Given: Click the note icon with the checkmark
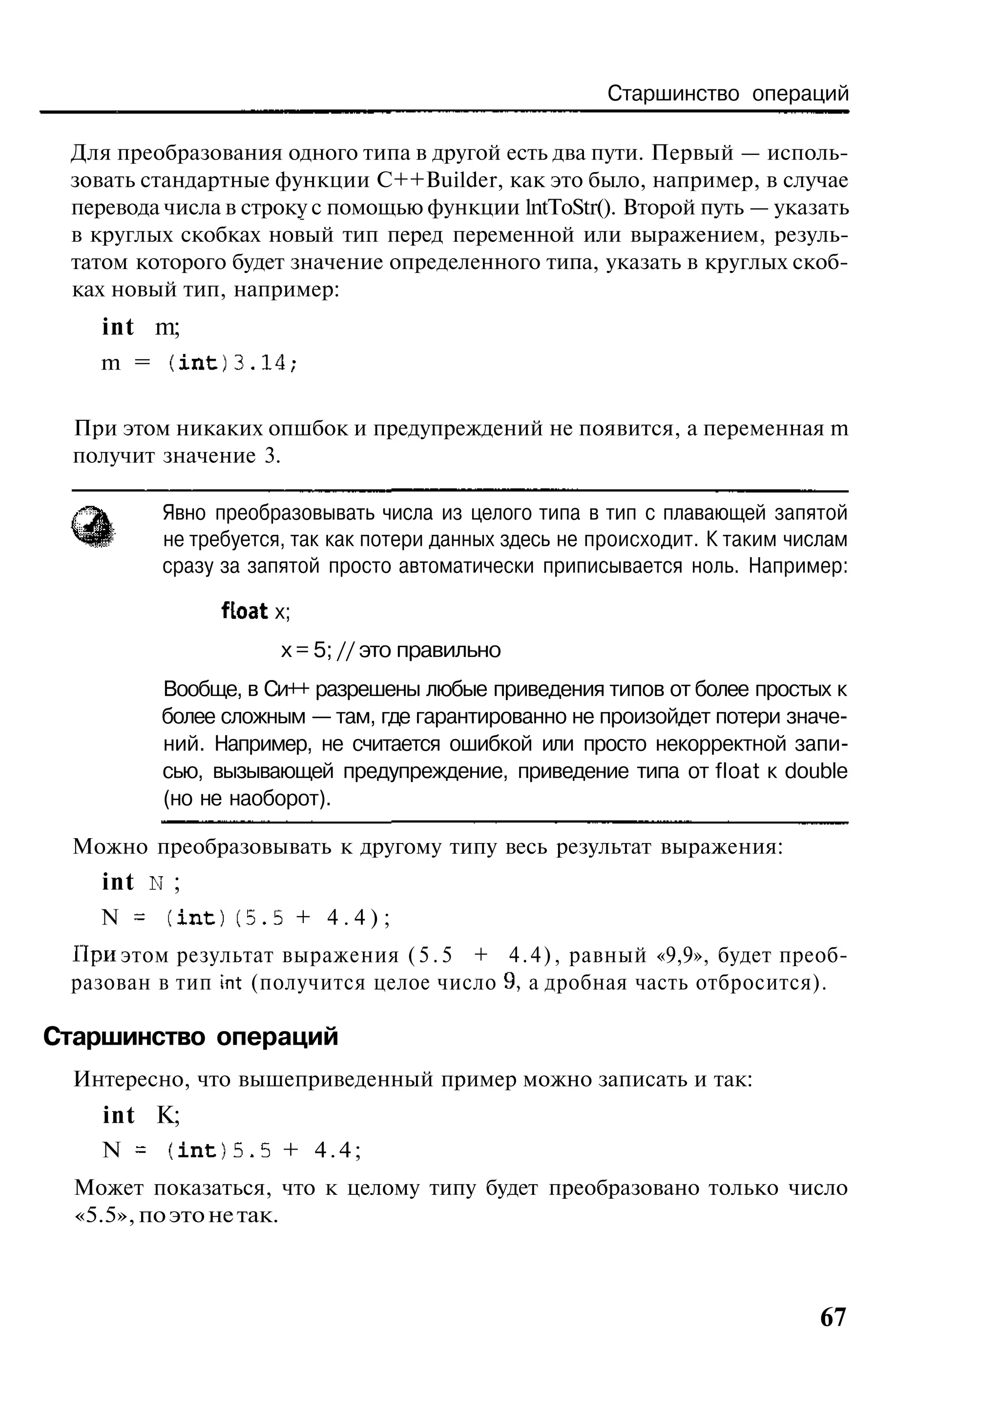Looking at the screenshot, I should (93, 526).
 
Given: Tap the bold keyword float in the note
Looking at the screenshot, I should (245, 612).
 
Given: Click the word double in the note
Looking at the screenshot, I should (816, 771).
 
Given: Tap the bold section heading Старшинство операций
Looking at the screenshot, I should (191, 1037).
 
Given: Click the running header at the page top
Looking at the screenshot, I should (728, 94).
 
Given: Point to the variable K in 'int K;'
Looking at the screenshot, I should (167, 1115).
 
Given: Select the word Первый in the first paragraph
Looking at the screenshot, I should (693, 153).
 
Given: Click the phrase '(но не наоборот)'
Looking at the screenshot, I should (247, 799).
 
